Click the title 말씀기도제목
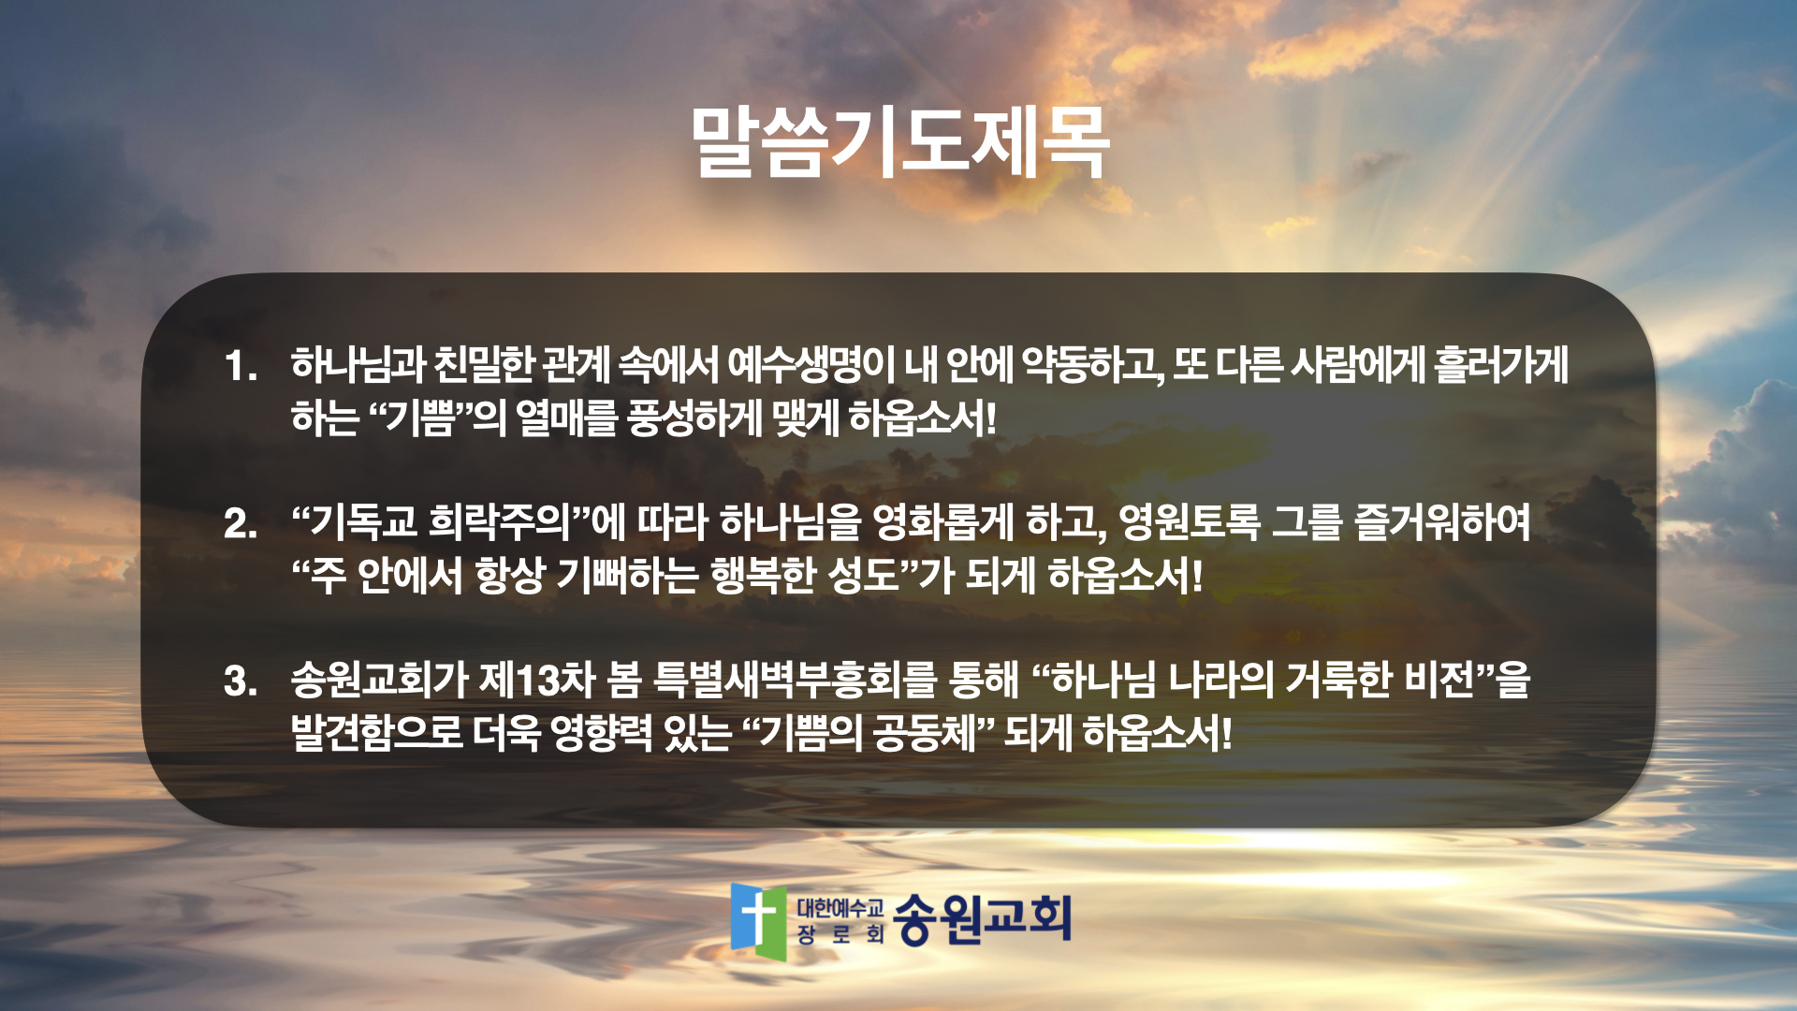point(899,143)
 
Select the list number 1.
point(241,366)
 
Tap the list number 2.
point(241,523)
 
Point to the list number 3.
point(241,681)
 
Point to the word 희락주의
point(500,522)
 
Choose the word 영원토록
point(1190,522)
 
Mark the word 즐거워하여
point(1442,522)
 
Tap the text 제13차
point(537,681)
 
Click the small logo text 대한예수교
point(840,908)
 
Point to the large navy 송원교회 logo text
point(982,919)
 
